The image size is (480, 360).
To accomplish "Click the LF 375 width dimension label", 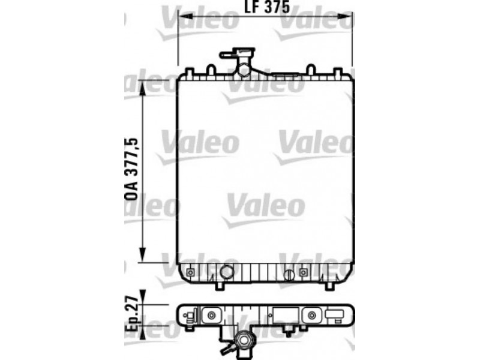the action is click(266, 7).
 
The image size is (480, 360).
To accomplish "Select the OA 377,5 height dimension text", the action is click(131, 169).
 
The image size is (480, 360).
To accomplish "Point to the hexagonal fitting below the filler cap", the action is click(244, 70).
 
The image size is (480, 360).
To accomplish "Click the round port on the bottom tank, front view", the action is click(227, 271).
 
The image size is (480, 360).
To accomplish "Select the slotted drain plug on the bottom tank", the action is click(289, 275).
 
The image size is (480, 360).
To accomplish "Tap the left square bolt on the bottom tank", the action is click(190, 272).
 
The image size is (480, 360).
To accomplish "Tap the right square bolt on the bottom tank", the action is click(303, 272).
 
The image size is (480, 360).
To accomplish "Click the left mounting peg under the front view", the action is click(220, 286).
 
